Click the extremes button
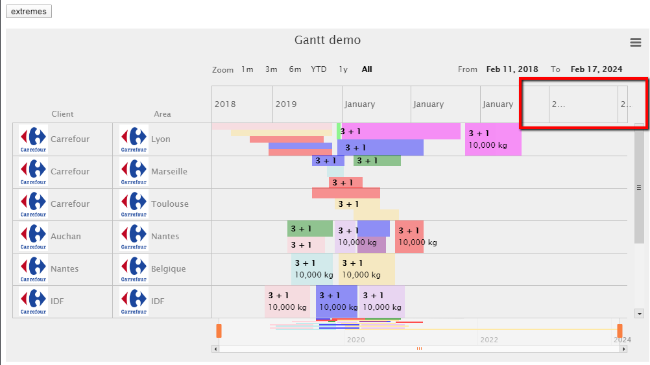point(29,12)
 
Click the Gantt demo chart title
point(328,40)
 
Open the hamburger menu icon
point(636,42)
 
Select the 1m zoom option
point(247,69)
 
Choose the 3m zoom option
point(271,69)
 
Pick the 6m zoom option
point(295,69)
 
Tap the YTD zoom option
point(319,69)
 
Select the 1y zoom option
point(343,69)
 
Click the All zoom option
point(367,69)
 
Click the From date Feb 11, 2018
point(512,69)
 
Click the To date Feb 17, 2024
point(596,69)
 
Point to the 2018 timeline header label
point(225,104)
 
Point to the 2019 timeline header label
point(286,104)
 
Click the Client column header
point(63,114)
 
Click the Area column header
point(162,114)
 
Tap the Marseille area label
point(169,172)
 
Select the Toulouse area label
point(170,204)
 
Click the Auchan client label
point(66,237)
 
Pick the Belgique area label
point(168,269)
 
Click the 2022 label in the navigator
point(489,340)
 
